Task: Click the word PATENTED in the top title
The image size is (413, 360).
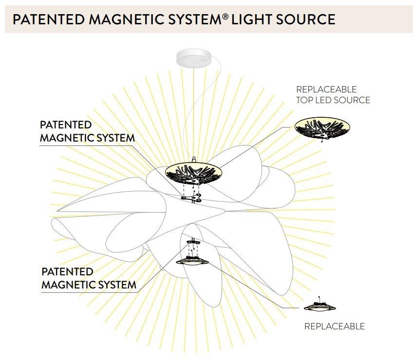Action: [x=49, y=19]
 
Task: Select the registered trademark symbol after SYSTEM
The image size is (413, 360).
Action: [x=225, y=17]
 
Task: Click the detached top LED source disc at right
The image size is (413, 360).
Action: [x=322, y=128]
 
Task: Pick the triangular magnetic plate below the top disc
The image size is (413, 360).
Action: [x=191, y=198]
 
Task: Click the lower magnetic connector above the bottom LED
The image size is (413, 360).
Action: [x=193, y=242]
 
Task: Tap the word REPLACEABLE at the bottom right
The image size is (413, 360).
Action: [x=335, y=326]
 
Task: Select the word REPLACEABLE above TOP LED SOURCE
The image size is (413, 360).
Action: [x=326, y=89]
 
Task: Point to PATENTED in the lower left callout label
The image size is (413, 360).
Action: [x=67, y=271]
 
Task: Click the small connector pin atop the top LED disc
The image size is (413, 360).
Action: [x=194, y=160]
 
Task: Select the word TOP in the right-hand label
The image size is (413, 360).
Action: [x=304, y=100]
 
